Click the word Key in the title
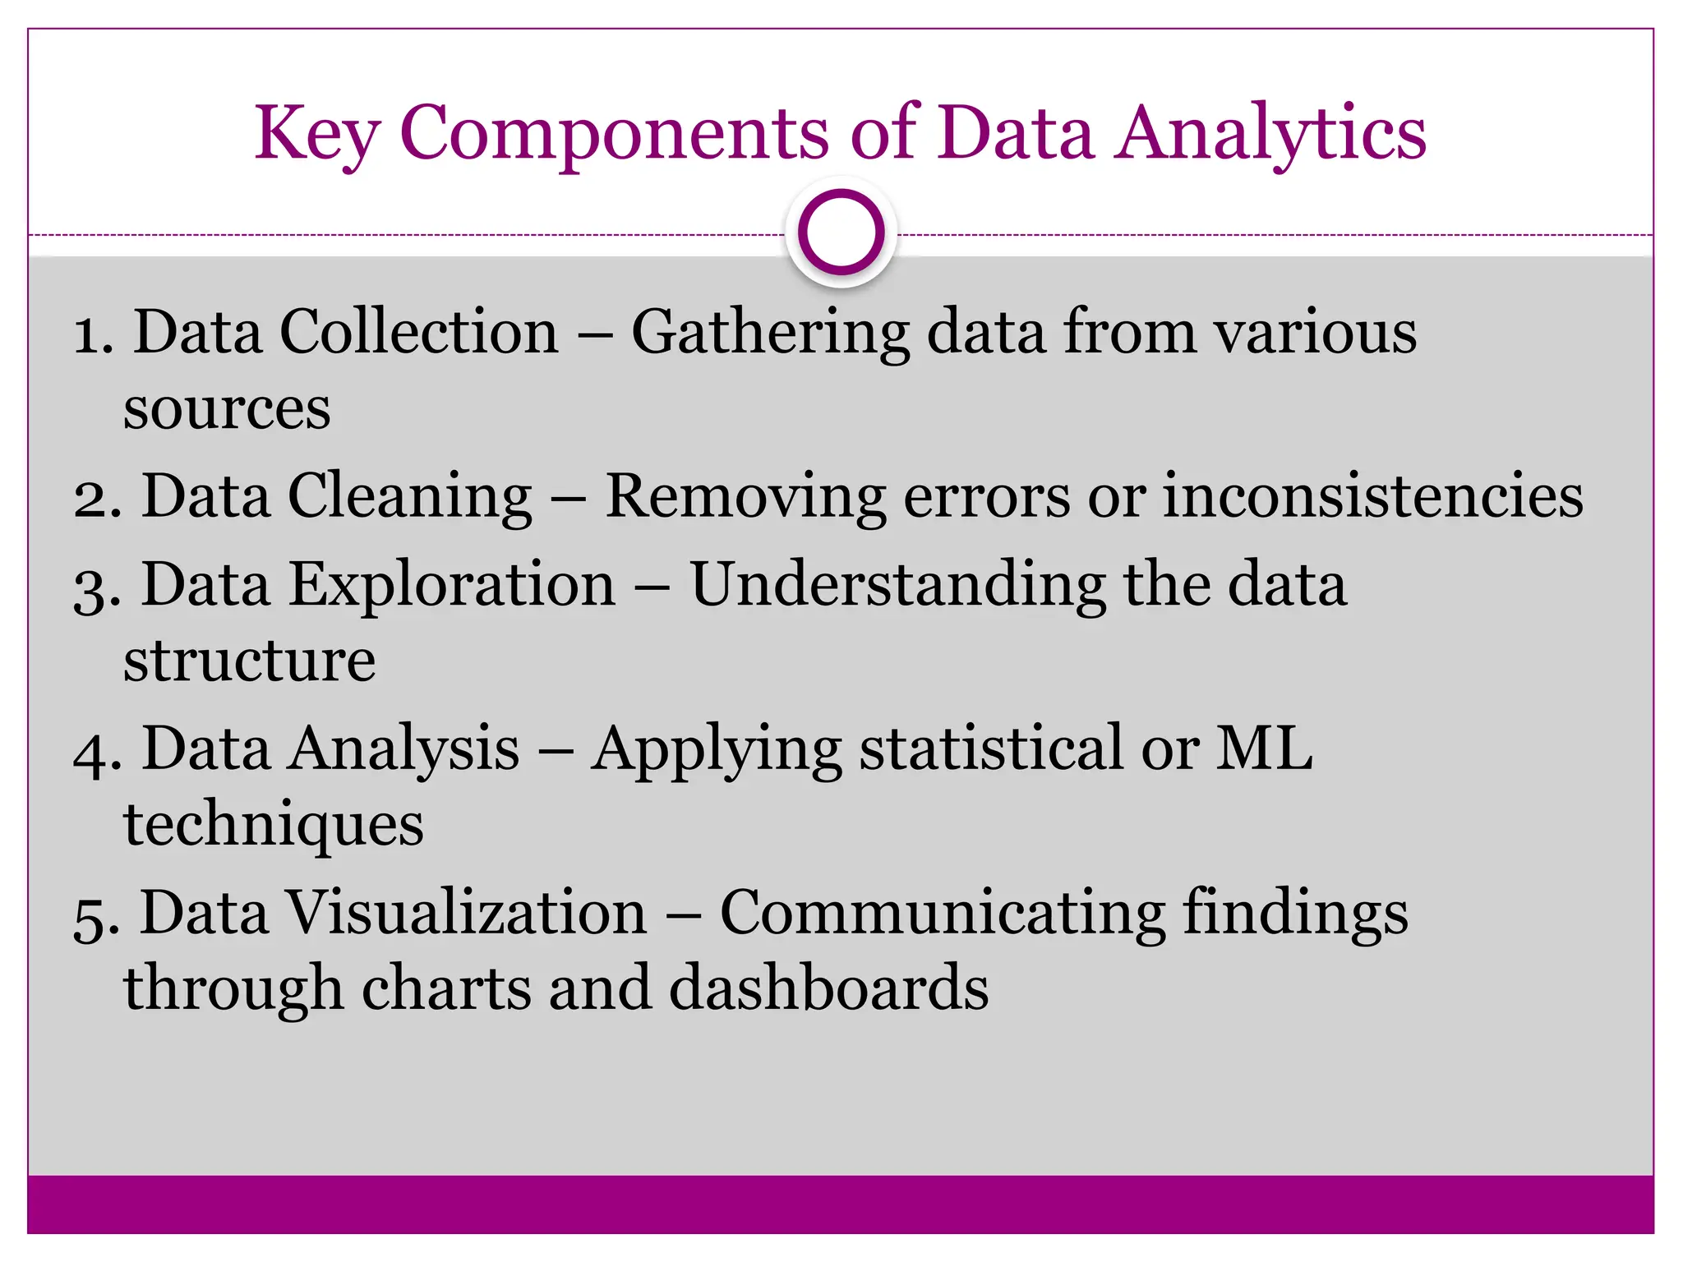[316, 133]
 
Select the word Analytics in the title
[1270, 133]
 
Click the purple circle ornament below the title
[841, 233]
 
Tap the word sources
[227, 408]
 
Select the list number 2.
[97, 499]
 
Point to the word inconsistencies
[1372, 495]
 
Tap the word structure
[250, 660]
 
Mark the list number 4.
[97, 751]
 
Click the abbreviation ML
[1264, 748]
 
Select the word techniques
[274, 825]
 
